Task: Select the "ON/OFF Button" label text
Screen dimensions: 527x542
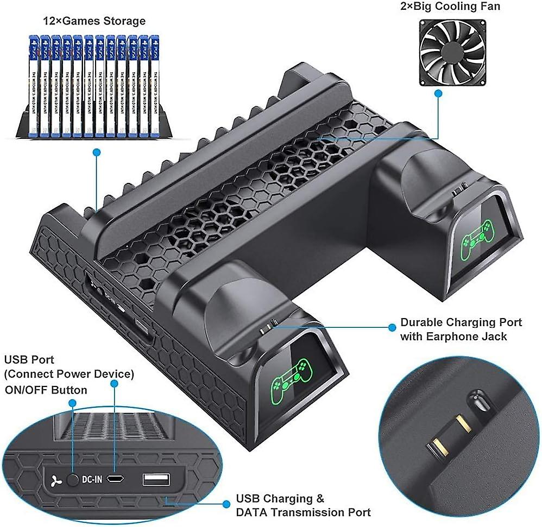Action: coord(46,390)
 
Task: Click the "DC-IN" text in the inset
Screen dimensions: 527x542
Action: coord(92,480)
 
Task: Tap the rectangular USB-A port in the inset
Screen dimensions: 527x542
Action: coord(156,479)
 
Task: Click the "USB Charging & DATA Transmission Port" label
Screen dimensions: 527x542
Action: coord(303,505)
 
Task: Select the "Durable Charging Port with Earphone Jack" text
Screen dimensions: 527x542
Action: coord(461,329)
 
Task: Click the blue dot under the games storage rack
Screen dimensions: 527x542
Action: coord(97,153)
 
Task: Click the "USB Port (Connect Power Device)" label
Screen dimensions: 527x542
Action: coord(69,367)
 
